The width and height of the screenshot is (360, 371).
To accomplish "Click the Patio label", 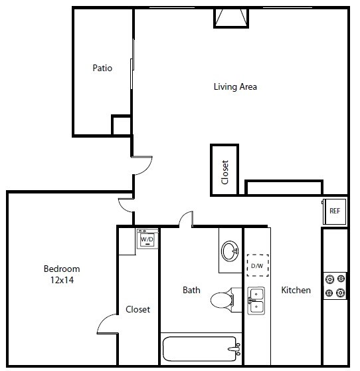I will point(102,68).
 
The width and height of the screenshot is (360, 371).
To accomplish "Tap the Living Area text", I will point(235,86).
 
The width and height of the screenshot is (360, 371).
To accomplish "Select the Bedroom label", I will point(62,269).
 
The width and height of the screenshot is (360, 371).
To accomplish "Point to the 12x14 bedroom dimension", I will point(62,280).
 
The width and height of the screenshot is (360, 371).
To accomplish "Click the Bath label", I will point(191,290).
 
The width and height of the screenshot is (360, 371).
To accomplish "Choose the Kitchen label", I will point(296,290).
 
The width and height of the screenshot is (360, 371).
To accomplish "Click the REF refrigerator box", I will point(335,211).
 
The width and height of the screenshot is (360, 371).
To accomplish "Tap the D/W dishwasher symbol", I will point(256,266).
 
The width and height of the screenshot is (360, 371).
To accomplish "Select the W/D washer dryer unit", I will point(147,239).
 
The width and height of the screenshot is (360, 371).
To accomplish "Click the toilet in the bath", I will point(223,300).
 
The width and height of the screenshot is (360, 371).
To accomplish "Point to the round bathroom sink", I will point(230,251).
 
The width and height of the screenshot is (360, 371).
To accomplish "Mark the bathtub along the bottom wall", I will point(200,347).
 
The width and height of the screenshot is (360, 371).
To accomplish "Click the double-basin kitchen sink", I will point(256,300).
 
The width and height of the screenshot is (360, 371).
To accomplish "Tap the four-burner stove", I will point(335,286).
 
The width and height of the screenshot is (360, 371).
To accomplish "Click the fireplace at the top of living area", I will point(231,18).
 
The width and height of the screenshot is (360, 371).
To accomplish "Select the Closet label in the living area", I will point(225,172).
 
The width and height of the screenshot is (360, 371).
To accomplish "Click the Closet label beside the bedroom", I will point(137,309).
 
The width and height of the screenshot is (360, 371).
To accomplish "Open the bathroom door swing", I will point(185,219).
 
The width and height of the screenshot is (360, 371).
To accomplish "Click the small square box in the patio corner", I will point(121,125).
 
